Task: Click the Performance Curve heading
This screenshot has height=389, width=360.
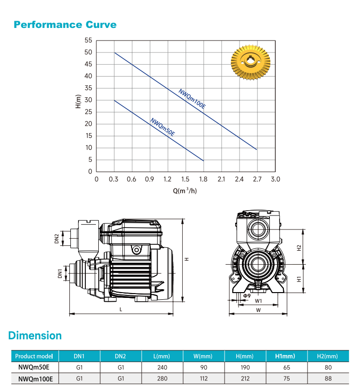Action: pos(65,25)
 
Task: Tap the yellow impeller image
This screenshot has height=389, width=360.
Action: pos(251,62)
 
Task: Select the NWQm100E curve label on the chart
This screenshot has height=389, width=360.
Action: pos(192,99)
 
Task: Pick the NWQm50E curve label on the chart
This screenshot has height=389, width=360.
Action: pos(163,127)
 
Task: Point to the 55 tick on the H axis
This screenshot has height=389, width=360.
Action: pos(88,40)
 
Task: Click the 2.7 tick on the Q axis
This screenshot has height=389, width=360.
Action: pos(257,179)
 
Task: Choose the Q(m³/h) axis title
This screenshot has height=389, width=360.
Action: pos(185,190)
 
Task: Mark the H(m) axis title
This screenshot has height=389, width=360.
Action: pos(78,101)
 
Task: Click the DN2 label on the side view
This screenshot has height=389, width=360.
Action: pos(57,239)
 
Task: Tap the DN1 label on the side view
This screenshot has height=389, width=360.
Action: pos(60,273)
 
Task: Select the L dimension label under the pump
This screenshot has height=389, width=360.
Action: pos(121,309)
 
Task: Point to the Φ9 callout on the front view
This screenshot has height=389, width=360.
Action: pos(247,295)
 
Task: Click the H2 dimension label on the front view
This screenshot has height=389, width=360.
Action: pos(299,248)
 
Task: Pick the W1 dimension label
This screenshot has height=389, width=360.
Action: pos(258,301)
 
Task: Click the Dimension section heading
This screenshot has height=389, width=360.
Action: pos(35,335)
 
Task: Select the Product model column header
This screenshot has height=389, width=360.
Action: pos(34,356)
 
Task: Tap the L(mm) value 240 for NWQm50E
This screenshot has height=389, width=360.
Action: pos(162,367)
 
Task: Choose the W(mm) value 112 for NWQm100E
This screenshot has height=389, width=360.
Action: pos(204,378)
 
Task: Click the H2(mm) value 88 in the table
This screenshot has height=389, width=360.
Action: pos(328,378)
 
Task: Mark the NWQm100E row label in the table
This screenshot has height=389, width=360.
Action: pos(36,379)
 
